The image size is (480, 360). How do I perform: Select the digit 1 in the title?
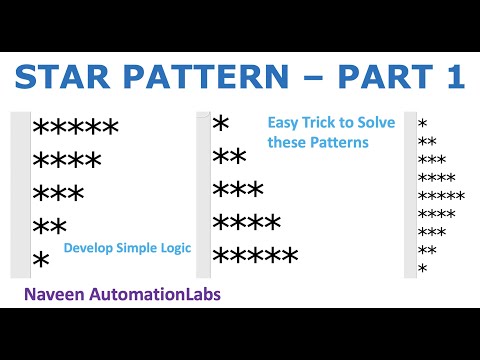pos(451,78)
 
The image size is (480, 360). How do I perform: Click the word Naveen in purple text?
pos(61,296)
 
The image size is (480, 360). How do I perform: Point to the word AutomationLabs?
pos(159,296)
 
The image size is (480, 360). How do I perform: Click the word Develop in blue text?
pos(88,246)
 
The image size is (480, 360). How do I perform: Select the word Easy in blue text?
pos(283,123)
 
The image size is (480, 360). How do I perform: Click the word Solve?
pos(376,123)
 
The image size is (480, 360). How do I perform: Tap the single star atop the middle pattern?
pos(221,123)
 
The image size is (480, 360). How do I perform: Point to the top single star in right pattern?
pos(422,123)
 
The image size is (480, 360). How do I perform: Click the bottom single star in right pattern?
pos(422,268)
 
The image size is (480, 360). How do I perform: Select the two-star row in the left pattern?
pos(49,226)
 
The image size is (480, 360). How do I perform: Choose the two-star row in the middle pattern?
pos(230,157)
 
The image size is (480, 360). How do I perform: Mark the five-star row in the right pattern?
pos(441,195)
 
